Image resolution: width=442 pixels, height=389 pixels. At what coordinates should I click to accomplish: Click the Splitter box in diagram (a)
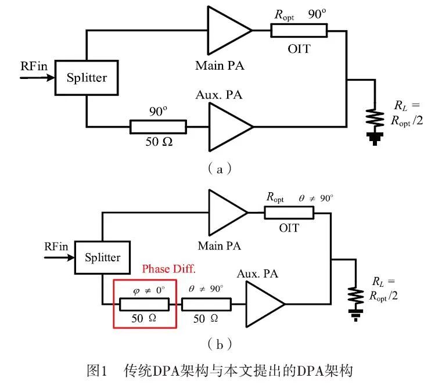point(86,78)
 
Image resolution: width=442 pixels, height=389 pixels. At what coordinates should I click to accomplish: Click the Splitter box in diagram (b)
point(102,257)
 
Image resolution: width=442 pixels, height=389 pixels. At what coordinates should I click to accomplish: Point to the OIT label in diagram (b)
point(289,228)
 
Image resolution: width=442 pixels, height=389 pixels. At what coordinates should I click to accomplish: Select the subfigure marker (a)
point(220,169)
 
